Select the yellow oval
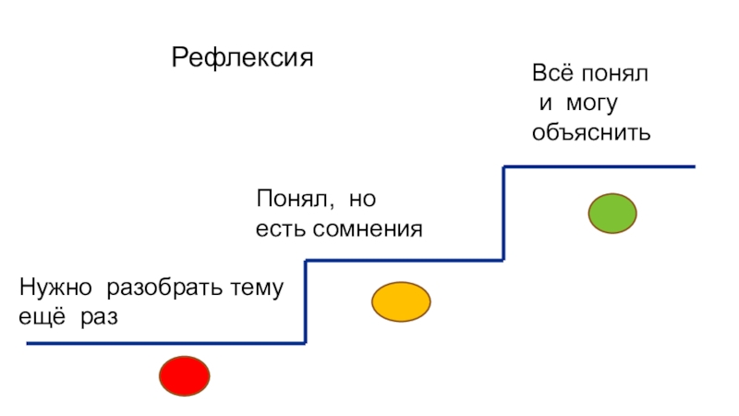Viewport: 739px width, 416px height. tap(401, 301)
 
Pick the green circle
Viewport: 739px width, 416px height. tap(612, 214)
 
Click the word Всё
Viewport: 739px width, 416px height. tap(551, 73)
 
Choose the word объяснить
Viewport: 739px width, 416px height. tap(592, 133)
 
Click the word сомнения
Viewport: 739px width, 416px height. tap(369, 228)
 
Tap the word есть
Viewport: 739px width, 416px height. tap(280, 228)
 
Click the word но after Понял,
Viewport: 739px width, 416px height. tap(364, 199)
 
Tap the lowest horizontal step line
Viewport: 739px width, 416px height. tap(166, 344)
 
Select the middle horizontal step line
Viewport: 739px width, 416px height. tap(404, 262)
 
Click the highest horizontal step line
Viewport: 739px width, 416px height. tap(599, 167)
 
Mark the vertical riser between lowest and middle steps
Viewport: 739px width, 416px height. tap(306, 302)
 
